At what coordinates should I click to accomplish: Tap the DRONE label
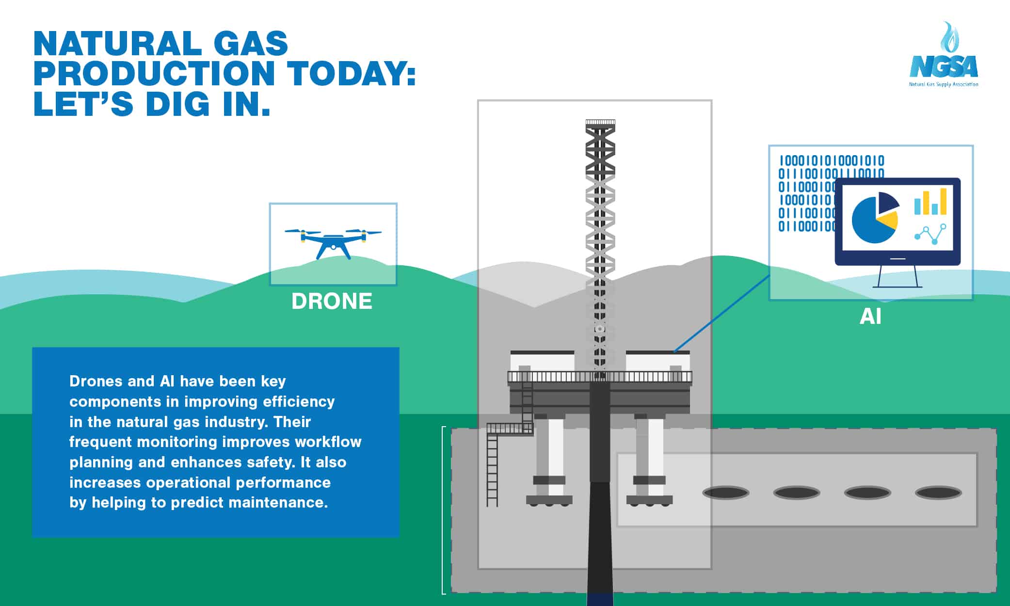332,301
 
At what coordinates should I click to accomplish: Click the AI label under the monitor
870,317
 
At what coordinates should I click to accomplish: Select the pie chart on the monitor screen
874,218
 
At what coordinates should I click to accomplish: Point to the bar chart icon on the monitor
930,202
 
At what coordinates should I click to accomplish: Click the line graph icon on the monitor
930,234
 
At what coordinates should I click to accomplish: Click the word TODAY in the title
352,73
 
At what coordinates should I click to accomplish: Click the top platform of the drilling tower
600,122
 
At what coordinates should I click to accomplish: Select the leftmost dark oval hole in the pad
726,493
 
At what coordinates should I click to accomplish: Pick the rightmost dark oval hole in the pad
938,493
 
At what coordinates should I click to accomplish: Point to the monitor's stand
898,277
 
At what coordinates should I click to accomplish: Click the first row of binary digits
831,160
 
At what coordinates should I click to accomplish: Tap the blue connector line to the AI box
722,313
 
